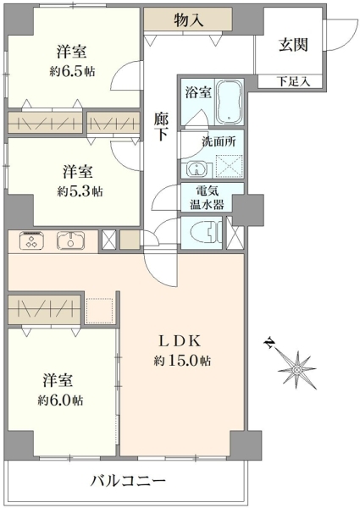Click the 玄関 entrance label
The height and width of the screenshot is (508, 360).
293,45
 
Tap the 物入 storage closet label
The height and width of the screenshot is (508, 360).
189,19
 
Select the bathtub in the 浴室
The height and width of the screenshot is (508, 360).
229,102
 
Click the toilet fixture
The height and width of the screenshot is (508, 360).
207,233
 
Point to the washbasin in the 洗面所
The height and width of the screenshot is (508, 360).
197,168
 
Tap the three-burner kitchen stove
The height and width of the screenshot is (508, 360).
31,240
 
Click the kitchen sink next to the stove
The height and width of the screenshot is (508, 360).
70,240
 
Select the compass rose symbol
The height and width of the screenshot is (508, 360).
296,369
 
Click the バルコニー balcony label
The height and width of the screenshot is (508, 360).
128,481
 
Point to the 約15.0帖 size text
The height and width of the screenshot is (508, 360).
182,361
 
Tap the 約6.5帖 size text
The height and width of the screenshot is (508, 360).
72,71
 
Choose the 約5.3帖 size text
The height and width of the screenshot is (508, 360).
80,191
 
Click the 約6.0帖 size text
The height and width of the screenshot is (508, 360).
60,400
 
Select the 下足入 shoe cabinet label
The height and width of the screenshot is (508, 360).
293,81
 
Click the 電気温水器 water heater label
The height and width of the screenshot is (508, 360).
207,198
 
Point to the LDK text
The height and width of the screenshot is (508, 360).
180,341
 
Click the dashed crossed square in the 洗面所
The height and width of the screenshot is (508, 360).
229,166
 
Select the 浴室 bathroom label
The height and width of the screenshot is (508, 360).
198,92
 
